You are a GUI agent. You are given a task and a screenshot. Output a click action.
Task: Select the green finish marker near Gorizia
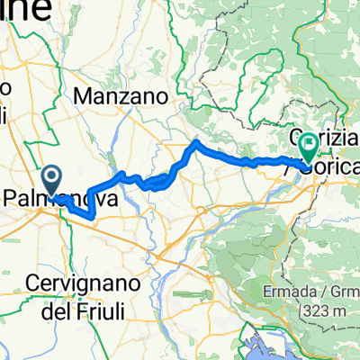pyautogui.click(x=309, y=142)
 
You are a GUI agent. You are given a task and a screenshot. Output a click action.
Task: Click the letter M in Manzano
pyautogui.click(x=85, y=95)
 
